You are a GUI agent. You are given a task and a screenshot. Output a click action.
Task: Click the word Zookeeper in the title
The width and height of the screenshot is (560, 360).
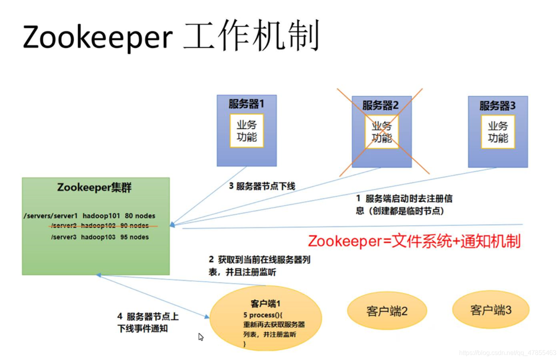[x=98, y=37]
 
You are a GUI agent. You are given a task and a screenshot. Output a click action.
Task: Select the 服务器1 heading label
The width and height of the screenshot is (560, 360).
[x=246, y=104]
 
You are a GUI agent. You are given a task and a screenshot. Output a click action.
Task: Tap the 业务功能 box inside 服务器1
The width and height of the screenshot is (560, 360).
[x=246, y=131]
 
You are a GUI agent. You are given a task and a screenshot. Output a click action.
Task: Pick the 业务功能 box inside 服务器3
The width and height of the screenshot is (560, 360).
[x=498, y=132]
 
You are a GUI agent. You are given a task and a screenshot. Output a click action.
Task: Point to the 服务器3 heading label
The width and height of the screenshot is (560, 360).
[x=497, y=106]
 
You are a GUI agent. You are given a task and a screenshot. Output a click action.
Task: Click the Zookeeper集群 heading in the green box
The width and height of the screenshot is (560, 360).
[x=94, y=187]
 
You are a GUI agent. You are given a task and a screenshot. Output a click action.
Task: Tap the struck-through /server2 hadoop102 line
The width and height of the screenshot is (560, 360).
[x=100, y=226]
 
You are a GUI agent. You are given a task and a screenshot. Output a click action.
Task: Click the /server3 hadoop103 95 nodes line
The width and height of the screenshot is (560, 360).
[x=100, y=237]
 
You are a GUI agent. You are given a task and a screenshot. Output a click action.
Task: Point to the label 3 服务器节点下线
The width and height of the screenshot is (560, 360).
[x=262, y=186]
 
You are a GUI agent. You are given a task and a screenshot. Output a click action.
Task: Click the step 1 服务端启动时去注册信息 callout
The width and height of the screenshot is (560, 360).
[x=404, y=205]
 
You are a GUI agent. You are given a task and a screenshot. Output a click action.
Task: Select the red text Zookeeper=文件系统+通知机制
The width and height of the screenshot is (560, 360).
[x=414, y=241]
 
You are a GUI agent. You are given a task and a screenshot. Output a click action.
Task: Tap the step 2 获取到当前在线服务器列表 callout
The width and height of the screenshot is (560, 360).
[x=259, y=266]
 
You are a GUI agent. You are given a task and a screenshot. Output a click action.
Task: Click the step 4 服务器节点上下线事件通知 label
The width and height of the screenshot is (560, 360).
[x=148, y=323]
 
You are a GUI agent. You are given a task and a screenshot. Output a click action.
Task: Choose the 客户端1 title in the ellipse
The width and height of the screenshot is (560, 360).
[x=265, y=304]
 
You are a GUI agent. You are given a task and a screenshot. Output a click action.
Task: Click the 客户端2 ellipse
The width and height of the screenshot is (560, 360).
[x=387, y=311]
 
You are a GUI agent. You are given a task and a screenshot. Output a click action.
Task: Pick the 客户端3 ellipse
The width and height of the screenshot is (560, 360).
[x=491, y=310]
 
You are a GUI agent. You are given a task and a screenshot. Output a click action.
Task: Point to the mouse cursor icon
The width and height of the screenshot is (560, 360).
[x=201, y=337]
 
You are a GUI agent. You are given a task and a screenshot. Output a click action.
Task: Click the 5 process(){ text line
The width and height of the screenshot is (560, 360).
[x=262, y=315]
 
